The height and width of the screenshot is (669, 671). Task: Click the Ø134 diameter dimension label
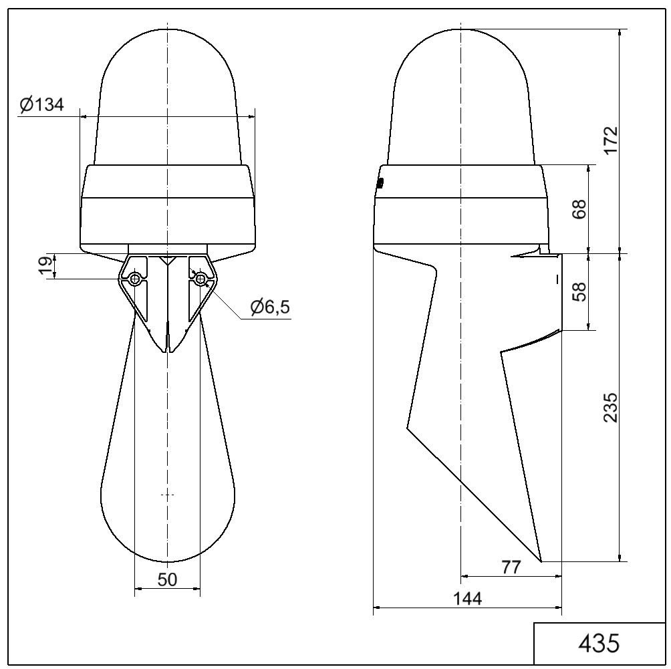42,104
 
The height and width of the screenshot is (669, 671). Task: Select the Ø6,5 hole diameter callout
271,307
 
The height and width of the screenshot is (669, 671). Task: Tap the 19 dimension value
47,266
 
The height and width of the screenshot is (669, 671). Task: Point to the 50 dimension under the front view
167,579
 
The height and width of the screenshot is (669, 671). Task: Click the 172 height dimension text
611,140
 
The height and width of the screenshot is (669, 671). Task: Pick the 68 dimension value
579,209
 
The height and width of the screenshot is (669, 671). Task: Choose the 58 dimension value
579,291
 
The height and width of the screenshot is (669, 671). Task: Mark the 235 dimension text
611,408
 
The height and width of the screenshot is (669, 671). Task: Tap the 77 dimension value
511,567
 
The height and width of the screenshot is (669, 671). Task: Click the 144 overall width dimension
467,598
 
